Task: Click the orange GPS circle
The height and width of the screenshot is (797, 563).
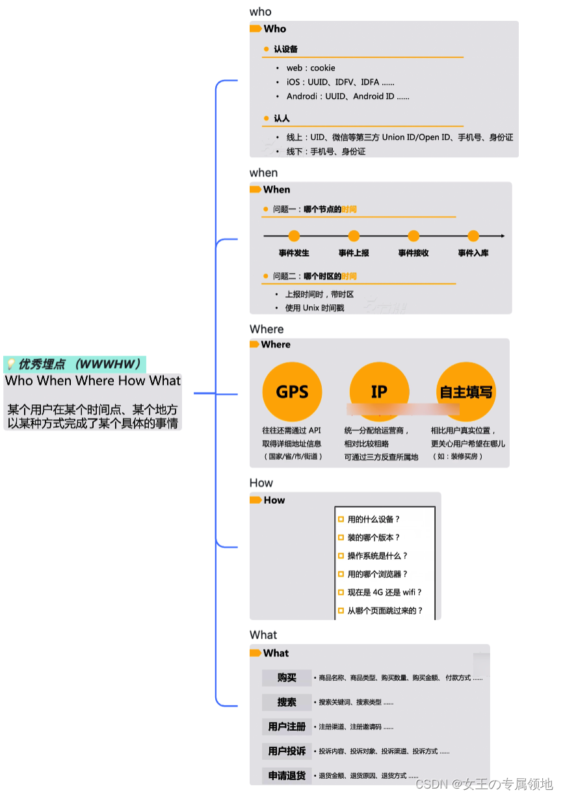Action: pos(292,392)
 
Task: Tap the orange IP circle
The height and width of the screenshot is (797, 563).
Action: pos(379,391)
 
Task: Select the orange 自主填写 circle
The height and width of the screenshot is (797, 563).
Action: pos(466,392)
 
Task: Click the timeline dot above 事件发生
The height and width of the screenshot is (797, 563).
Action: pos(294,236)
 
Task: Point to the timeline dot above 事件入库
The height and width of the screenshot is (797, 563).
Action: pos(473,236)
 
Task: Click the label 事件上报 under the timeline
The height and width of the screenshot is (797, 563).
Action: pos(354,253)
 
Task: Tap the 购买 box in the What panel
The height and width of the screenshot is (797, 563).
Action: pos(287,677)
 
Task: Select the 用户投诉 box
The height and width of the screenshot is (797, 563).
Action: pos(287,751)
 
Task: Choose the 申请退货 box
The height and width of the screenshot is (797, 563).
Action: pos(287,776)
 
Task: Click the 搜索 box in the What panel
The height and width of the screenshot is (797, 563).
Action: pos(287,702)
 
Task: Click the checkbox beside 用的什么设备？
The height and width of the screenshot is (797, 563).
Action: pos(341,519)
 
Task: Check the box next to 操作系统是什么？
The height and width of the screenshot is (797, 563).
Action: pos(341,556)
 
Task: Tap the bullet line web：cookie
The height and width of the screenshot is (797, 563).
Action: pos(311,68)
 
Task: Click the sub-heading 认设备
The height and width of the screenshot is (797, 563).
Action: pos(285,49)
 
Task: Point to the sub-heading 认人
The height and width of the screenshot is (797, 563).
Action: pos(281,119)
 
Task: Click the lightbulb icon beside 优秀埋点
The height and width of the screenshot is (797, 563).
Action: pos(10,364)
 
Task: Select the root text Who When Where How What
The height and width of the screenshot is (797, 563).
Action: pos(93,381)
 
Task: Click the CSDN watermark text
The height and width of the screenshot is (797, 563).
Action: pos(484,783)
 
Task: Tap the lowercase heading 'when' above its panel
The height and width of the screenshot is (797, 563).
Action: pos(263,173)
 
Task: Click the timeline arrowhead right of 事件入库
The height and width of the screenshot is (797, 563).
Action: pos(502,236)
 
